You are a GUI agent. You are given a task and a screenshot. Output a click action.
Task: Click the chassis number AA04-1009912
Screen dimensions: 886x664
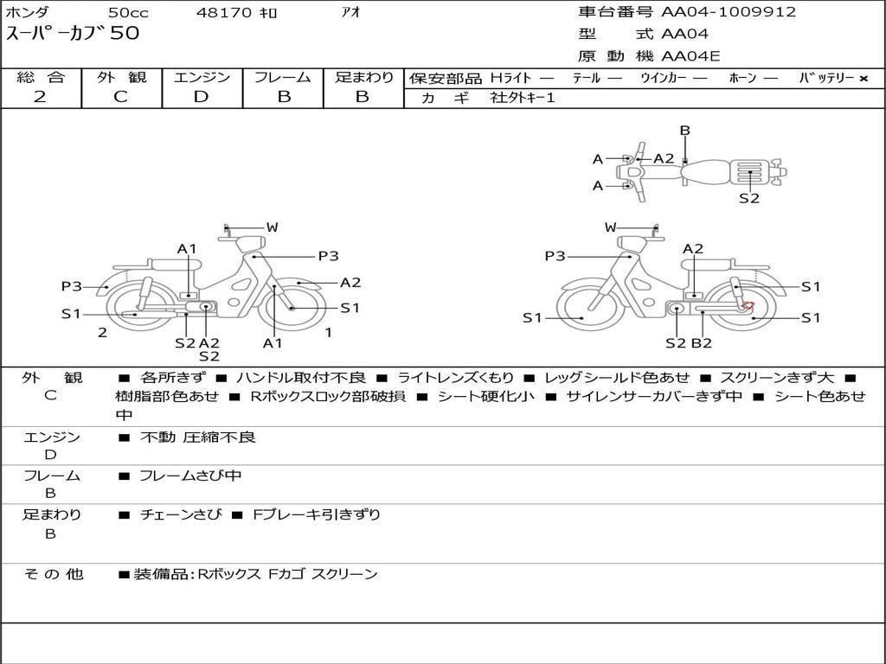[x=729, y=12]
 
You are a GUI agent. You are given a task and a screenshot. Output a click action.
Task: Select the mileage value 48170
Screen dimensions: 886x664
[x=224, y=12]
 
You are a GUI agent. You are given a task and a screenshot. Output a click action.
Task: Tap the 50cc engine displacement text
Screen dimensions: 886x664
[x=128, y=12]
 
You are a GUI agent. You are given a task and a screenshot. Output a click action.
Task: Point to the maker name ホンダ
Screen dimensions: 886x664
[x=28, y=12]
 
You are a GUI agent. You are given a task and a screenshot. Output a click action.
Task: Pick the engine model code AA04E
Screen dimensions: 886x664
[x=690, y=57]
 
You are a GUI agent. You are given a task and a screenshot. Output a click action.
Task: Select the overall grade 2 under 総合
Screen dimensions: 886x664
[x=40, y=97]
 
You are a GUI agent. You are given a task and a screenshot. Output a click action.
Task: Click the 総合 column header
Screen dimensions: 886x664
[x=41, y=77]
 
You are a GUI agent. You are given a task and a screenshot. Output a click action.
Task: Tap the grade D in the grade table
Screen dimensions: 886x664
[x=202, y=97]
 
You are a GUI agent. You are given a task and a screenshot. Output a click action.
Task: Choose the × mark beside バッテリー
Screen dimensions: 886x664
[x=863, y=78]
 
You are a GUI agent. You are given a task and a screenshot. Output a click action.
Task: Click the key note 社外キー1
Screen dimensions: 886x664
[x=523, y=98]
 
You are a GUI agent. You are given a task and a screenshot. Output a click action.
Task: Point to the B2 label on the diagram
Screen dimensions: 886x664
[x=701, y=343]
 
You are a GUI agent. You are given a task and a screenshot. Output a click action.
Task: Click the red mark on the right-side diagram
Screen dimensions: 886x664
[x=748, y=305]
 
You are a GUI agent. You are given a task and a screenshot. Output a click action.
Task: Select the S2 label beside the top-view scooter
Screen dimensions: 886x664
[x=749, y=198]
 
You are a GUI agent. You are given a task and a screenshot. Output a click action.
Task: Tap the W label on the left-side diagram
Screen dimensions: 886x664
[x=272, y=227]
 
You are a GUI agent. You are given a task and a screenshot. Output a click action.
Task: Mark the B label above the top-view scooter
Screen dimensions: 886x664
[x=684, y=131]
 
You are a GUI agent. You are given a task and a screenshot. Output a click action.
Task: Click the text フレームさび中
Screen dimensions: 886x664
[x=190, y=476]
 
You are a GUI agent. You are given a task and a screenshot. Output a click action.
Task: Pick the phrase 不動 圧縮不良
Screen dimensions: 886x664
[x=198, y=437]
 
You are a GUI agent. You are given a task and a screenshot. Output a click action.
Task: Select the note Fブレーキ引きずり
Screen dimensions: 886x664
[x=316, y=514]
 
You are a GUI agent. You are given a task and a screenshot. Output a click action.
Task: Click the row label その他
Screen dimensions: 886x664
[x=53, y=574]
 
